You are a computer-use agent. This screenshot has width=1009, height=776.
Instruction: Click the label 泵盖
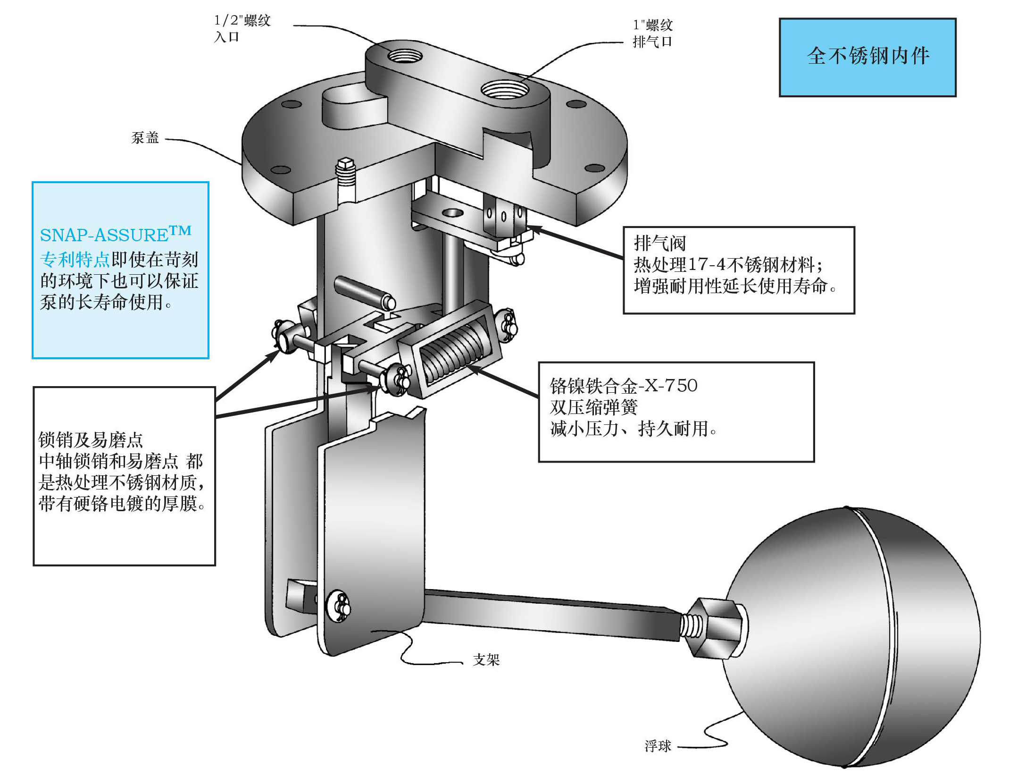pos(145,138)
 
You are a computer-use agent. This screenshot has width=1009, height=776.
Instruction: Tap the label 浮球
pos(658,746)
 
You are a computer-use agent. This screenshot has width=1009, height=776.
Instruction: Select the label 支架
pos(486,659)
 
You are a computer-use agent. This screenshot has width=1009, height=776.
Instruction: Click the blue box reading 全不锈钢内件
pos(867,57)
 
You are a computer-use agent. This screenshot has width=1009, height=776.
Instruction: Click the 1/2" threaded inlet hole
pos(404,56)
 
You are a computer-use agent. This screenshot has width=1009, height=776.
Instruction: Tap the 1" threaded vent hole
pos(504,88)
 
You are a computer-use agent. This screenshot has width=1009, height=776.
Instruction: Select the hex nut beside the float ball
pos(715,628)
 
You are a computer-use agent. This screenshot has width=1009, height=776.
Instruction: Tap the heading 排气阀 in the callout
pos(659,244)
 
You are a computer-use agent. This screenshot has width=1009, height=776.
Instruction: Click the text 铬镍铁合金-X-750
pos(623,386)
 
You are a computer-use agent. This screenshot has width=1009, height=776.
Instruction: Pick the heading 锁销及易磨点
pos(90,440)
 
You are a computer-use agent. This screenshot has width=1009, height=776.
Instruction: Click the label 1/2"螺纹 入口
pos(242,28)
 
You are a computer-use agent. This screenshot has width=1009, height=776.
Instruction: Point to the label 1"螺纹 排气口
pos(652,34)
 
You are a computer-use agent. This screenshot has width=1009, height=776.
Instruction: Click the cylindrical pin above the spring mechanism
pos(364,293)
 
